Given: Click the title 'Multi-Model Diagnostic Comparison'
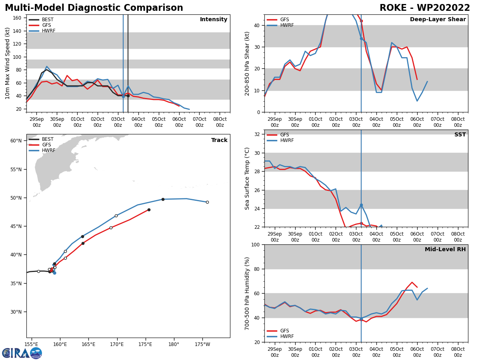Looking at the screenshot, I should [x=94, y=8].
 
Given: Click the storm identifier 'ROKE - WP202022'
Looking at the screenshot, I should [x=425, y=8].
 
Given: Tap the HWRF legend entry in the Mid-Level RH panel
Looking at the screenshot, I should [x=284, y=336].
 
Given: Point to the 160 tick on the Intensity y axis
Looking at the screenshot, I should [x=17, y=18].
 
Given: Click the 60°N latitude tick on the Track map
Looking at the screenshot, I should [x=16, y=141].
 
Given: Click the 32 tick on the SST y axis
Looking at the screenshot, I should [x=258, y=134].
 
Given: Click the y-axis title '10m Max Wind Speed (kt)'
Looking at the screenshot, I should [x=8, y=63].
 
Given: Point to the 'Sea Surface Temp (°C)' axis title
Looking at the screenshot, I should [x=247, y=178].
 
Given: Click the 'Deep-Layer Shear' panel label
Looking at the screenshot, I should [x=438, y=20].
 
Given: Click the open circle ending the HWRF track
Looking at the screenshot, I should [x=207, y=202].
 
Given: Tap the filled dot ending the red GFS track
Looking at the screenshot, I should [x=149, y=210].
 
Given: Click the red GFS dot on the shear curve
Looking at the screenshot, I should [x=361, y=21].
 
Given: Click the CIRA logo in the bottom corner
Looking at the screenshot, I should [x=22, y=353].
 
